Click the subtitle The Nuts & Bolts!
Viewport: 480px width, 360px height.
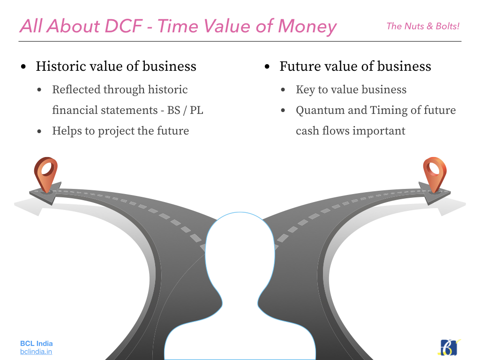(x=423, y=26)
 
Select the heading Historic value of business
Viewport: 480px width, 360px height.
(x=116, y=67)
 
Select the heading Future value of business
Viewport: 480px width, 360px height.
(x=355, y=67)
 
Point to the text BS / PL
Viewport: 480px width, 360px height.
(x=185, y=110)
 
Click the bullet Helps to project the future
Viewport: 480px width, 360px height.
(x=120, y=131)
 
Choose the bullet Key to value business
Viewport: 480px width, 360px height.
(x=351, y=90)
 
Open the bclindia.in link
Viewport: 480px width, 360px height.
(x=36, y=352)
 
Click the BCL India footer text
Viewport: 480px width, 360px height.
(x=37, y=344)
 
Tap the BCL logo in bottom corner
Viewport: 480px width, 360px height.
(x=449, y=347)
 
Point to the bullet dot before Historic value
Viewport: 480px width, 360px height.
(x=23, y=67)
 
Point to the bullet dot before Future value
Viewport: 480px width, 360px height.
(x=267, y=67)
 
